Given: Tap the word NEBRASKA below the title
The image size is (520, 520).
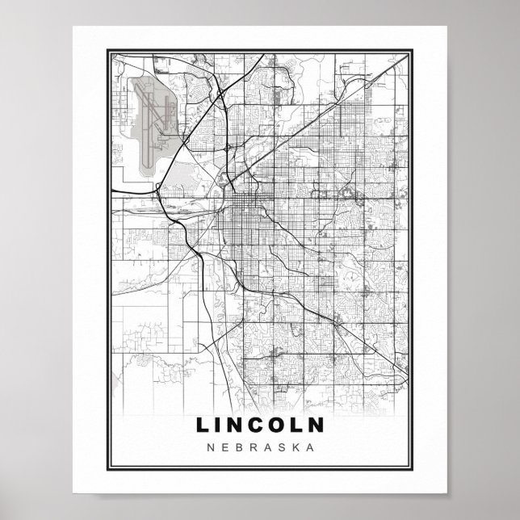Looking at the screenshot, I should pos(259,446).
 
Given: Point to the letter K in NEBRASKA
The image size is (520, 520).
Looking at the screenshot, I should pos(296,446).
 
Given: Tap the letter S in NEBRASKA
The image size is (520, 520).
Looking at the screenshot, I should pos(283,446).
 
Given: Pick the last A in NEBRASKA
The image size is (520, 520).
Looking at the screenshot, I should pos(308,446).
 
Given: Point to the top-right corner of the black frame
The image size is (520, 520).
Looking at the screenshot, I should pos(413,49).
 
